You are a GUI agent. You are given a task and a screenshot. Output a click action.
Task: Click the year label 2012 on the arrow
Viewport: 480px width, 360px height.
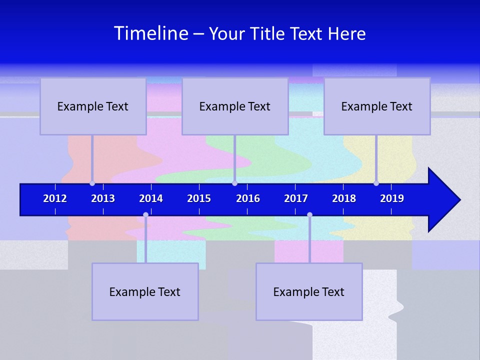click(x=55, y=198)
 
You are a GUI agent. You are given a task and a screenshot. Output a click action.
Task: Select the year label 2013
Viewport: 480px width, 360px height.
click(x=103, y=198)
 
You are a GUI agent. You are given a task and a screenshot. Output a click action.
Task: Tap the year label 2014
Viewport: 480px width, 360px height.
click(x=151, y=198)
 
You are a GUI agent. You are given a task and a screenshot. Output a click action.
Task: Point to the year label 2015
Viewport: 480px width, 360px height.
click(x=199, y=198)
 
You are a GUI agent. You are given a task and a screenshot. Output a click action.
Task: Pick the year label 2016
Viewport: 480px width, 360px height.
click(x=248, y=198)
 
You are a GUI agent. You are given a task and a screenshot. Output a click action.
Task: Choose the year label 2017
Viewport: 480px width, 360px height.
click(x=296, y=198)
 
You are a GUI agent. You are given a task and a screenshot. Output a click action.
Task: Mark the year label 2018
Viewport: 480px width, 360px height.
click(x=344, y=198)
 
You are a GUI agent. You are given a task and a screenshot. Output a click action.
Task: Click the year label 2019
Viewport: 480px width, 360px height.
click(x=392, y=198)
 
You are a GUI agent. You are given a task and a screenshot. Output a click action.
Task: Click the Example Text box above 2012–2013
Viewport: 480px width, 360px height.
click(x=93, y=106)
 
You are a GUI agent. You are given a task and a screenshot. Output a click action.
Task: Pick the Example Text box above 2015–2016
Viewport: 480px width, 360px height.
click(x=235, y=106)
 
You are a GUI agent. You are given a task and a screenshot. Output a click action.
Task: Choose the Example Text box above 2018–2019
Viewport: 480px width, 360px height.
click(x=377, y=106)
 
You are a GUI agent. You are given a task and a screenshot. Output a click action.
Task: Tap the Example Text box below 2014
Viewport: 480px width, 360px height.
click(x=145, y=291)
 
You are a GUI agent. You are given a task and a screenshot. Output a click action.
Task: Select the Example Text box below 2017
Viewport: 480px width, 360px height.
click(x=309, y=291)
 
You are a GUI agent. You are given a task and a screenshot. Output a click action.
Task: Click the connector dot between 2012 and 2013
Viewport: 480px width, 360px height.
click(x=92, y=183)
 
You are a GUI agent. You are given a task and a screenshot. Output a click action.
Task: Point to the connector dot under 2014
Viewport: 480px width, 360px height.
click(x=145, y=214)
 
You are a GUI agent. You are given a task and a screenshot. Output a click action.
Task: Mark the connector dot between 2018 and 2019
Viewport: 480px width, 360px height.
click(x=376, y=183)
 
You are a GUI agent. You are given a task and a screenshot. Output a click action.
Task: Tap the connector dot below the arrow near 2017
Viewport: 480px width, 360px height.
click(x=309, y=214)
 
